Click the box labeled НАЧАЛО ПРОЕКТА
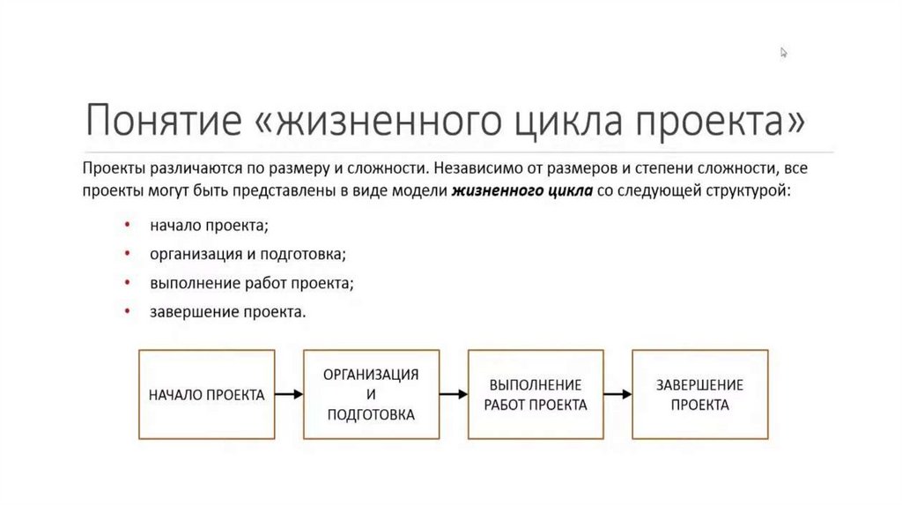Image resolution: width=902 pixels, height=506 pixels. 207,395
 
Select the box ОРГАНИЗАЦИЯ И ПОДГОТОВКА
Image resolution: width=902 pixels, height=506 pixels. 371,394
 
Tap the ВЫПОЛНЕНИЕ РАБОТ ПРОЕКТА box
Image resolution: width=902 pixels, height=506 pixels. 536,395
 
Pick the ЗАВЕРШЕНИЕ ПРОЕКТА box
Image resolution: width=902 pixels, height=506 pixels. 699,394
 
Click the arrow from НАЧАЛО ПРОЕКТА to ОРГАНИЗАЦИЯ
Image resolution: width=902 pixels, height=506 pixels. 289,395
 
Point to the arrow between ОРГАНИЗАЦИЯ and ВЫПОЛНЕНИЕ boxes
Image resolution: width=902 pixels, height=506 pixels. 453,395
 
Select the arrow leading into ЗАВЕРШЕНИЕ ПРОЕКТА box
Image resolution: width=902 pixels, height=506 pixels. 617,395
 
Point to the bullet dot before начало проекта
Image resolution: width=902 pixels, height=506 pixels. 129,226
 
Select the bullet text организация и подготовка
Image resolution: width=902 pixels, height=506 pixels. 248,255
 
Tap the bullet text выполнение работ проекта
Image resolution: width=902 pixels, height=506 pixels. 251,283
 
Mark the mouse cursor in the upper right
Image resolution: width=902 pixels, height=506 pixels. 783,52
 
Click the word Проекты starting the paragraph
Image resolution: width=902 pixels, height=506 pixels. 112,167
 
